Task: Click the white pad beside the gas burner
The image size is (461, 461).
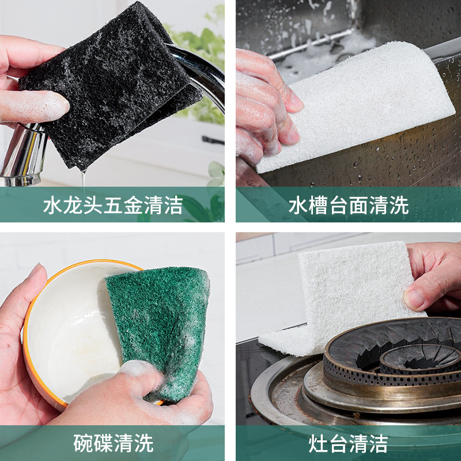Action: [347, 297]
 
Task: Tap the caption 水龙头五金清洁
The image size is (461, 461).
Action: [113, 205]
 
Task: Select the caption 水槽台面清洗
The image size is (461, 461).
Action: [349, 205]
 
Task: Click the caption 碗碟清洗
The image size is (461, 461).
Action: [113, 443]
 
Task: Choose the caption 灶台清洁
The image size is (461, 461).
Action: [348, 443]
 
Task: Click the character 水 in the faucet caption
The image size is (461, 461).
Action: [53, 205]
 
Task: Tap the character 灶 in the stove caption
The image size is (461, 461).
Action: [318, 443]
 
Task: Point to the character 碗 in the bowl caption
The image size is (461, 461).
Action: [83, 443]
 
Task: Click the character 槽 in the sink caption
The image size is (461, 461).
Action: [319, 205]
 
